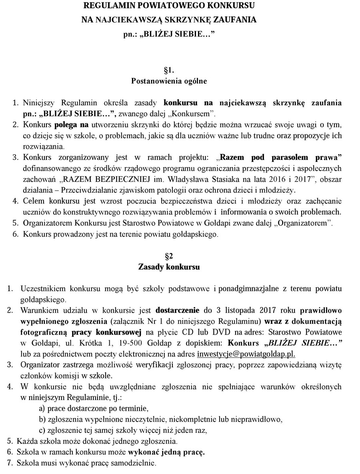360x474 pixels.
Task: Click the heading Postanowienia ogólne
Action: (x=169, y=81)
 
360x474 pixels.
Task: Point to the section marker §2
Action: (x=169, y=255)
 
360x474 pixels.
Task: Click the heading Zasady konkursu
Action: (x=169, y=266)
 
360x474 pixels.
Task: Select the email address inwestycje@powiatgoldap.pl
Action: (x=246, y=354)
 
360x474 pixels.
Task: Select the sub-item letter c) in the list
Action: (x=41, y=430)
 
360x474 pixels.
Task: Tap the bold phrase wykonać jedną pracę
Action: (x=172, y=452)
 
